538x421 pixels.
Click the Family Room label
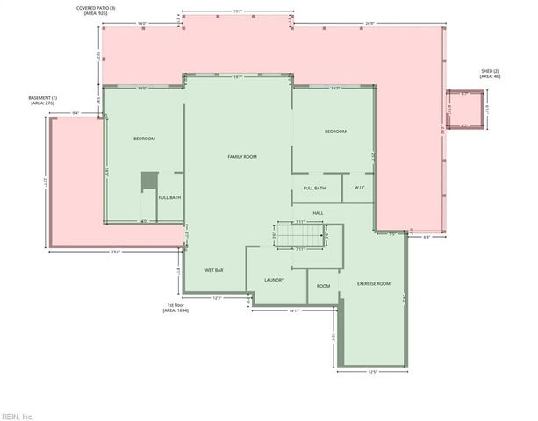coord(241,156)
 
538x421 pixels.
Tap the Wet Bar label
coord(214,270)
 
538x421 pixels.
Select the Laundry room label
coord(273,280)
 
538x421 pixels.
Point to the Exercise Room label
coord(373,284)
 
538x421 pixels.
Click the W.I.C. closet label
coord(360,188)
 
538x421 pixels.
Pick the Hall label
coord(318,213)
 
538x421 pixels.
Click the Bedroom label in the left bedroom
coord(144,139)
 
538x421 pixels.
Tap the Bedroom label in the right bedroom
coord(335,132)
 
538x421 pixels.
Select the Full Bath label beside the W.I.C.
coord(314,188)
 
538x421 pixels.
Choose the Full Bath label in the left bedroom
coord(169,197)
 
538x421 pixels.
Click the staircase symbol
coord(299,236)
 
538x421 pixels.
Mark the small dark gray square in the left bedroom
coord(149,180)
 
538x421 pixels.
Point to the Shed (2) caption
coord(489,74)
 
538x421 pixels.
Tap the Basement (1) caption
coord(43,100)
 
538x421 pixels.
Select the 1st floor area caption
coord(176,308)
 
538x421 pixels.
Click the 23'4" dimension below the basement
coord(114,253)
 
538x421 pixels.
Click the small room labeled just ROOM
coord(323,285)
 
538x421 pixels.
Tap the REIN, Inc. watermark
coord(17,416)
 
